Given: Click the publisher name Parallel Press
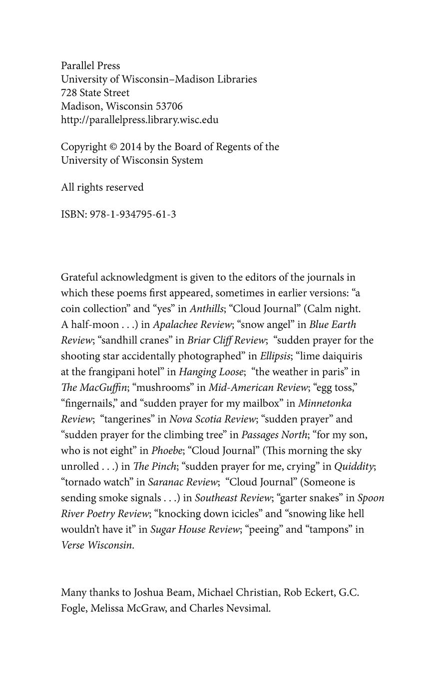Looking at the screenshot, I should pos(90,66).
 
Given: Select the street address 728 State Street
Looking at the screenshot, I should pos(95,93).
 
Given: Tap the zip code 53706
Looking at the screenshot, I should pos(169,106).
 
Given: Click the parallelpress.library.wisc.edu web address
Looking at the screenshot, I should pos(139,120).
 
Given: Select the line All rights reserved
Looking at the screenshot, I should pos(102,187).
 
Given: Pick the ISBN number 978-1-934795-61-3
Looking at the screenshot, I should pos(132,215).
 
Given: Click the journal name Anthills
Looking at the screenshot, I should pos(206,309).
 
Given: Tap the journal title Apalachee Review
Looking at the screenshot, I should pos(192,325).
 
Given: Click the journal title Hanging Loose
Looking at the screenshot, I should pos(212,372).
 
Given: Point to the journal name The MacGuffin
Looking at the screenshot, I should pos(94,388).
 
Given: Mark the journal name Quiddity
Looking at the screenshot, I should pos(354,467).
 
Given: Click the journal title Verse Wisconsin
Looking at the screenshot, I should pos(97,545).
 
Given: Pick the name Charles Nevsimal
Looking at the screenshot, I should pos(229,609).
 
